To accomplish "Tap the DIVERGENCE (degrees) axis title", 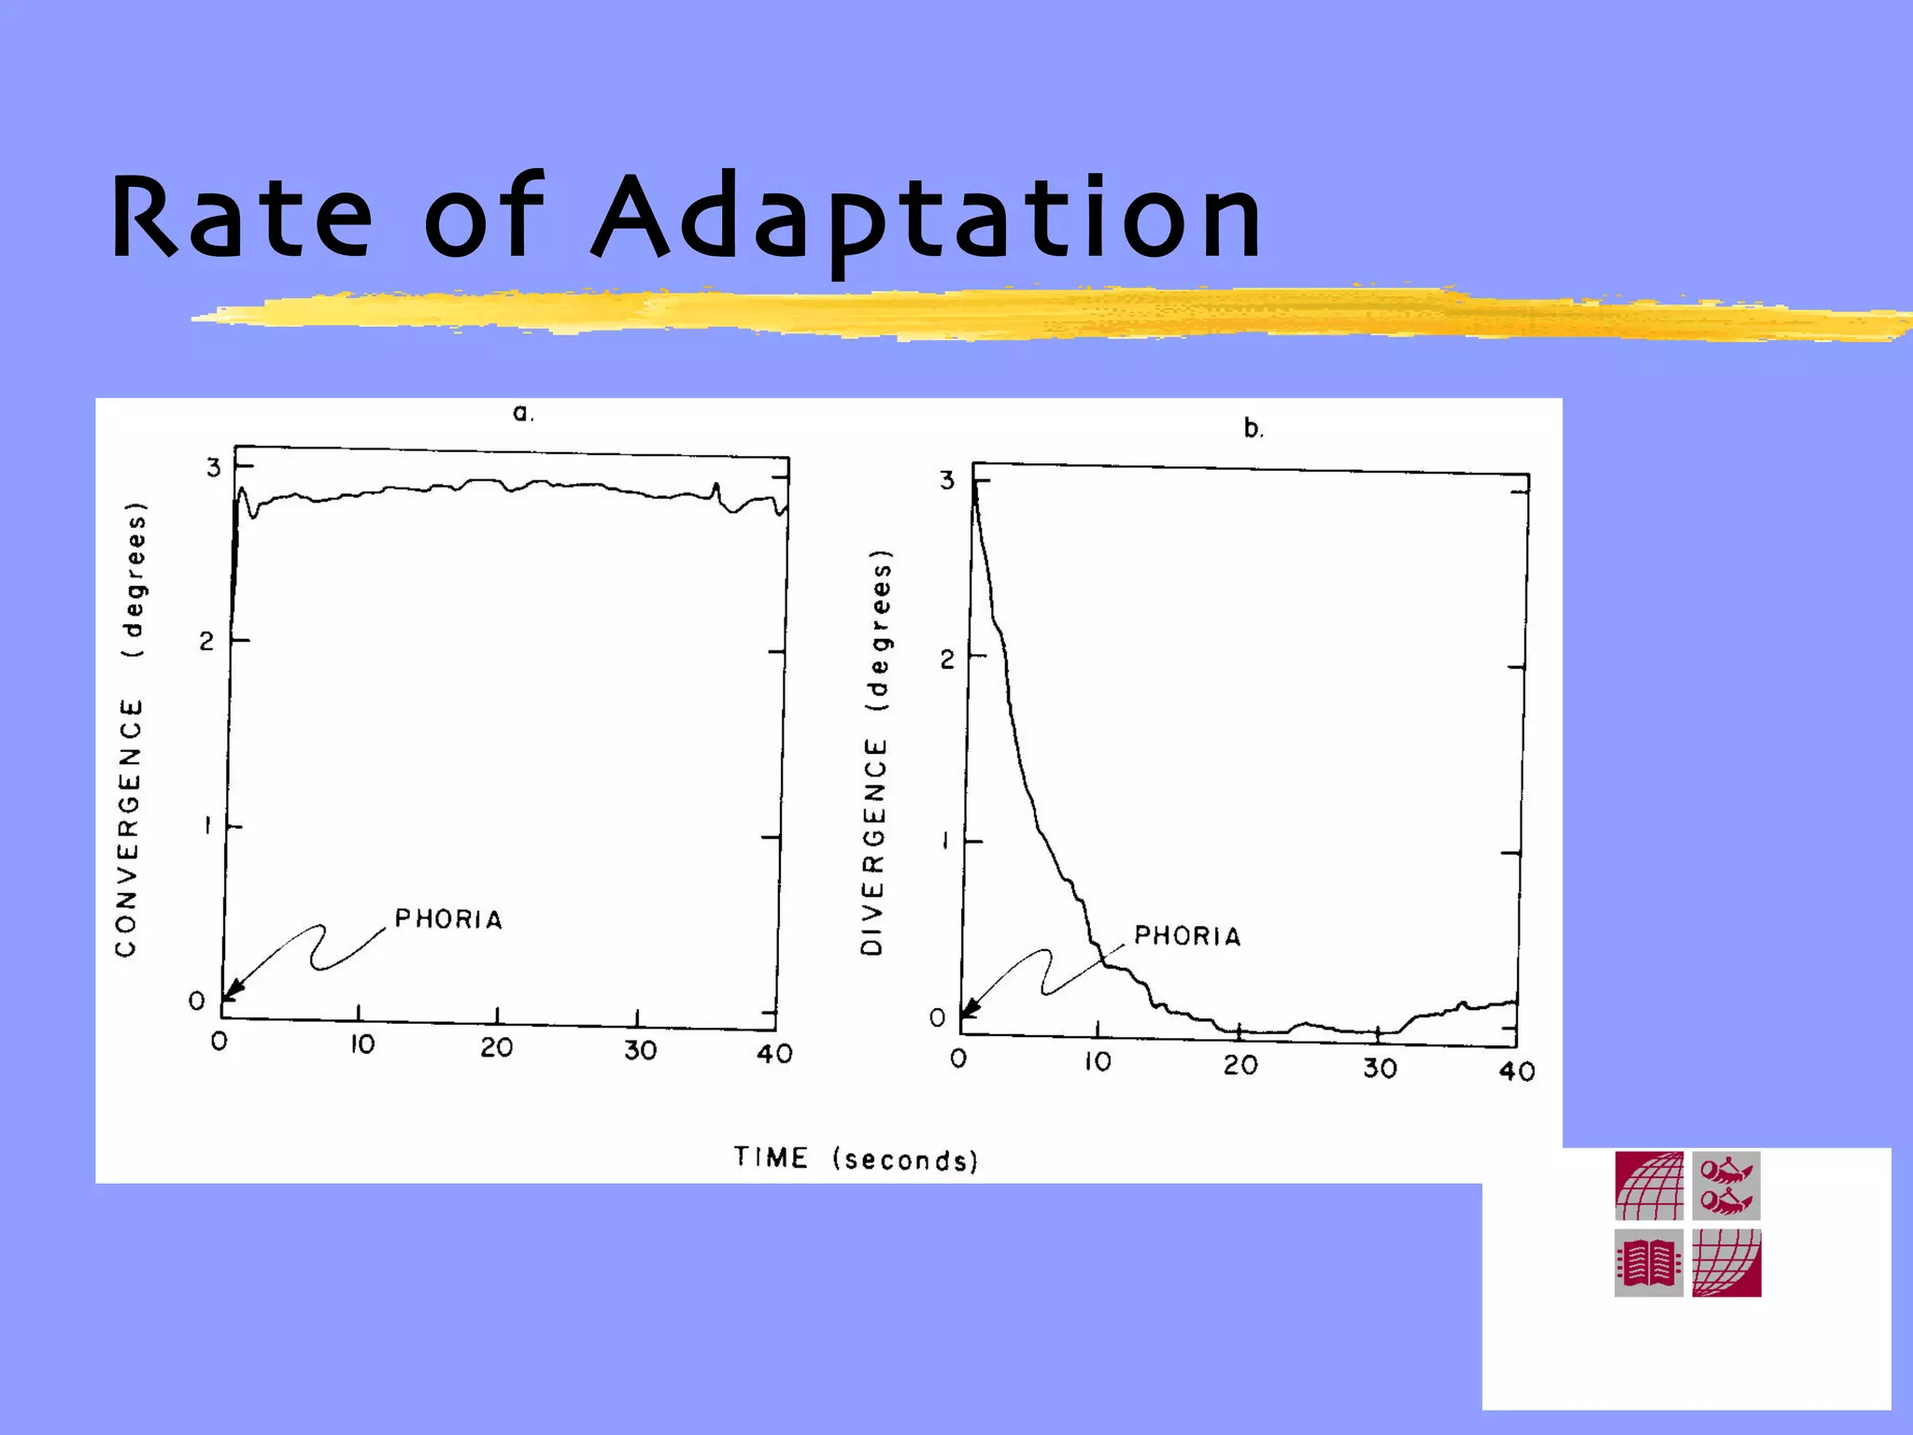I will (x=875, y=752).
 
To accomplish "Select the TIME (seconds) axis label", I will (x=856, y=1158).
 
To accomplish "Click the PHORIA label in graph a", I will (x=448, y=919).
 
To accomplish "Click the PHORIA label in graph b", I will (x=1187, y=936).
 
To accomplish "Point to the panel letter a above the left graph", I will (x=522, y=413).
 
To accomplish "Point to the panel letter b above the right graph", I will (x=1253, y=429).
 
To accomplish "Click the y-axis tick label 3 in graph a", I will (x=214, y=467).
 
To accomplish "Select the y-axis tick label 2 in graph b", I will (x=947, y=660).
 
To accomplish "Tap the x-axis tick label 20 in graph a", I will (x=497, y=1047).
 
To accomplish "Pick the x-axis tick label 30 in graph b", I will (x=1380, y=1067).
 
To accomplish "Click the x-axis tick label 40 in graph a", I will (x=774, y=1054).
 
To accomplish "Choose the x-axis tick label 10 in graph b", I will (x=1098, y=1061).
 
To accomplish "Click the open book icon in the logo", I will (x=1649, y=1263).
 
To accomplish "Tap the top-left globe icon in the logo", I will (x=1649, y=1186).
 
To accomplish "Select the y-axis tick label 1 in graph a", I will (x=208, y=826).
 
